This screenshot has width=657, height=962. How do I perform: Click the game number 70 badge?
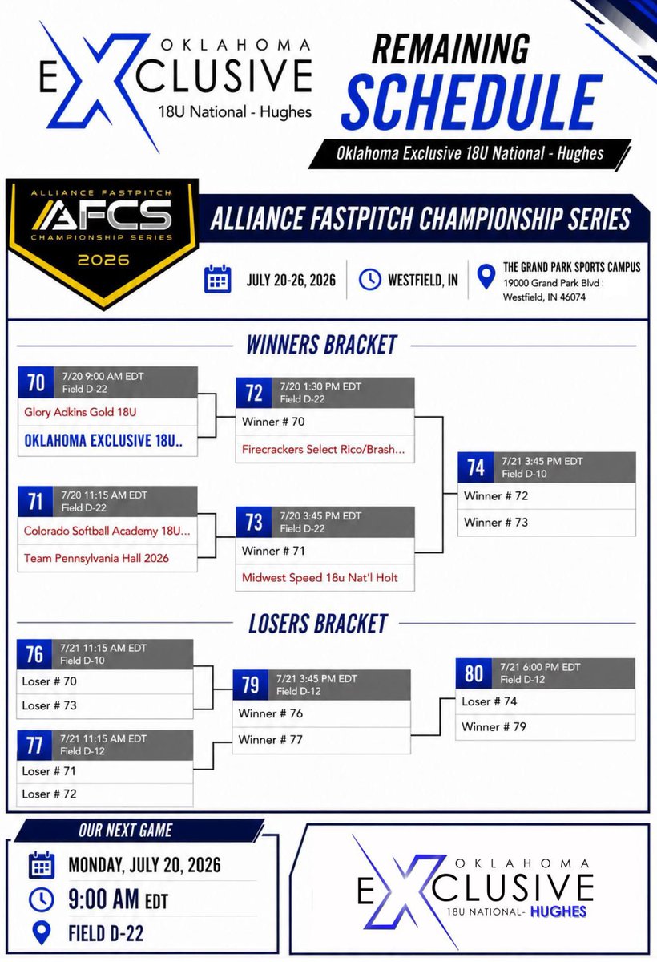[x=36, y=382]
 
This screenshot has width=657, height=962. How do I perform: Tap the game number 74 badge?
[x=475, y=467]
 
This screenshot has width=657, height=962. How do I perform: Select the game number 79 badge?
[x=251, y=685]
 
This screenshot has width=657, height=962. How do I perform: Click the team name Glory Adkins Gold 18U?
[x=80, y=412]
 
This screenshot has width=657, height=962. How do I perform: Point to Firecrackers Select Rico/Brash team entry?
[x=323, y=449]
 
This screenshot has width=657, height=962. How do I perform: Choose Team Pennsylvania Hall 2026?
[x=96, y=558]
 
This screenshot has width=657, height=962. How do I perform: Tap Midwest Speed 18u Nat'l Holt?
[x=320, y=578]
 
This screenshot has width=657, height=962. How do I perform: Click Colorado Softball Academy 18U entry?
[x=107, y=532]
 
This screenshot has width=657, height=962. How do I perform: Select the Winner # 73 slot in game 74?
[x=496, y=523]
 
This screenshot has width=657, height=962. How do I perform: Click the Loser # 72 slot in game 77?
[x=49, y=794]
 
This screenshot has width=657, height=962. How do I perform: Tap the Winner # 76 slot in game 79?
[x=270, y=713]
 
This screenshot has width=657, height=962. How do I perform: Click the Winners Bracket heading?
[x=321, y=345]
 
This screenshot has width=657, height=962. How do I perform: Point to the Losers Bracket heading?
[x=318, y=624]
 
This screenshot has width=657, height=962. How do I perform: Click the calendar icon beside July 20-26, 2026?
[x=218, y=280]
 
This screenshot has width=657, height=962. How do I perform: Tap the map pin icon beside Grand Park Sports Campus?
[x=486, y=277]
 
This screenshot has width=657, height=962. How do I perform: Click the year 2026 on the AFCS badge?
[x=103, y=260]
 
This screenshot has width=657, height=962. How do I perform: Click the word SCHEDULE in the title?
[x=472, y=103]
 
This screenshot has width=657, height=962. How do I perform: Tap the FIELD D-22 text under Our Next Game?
[x=106, y=934]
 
